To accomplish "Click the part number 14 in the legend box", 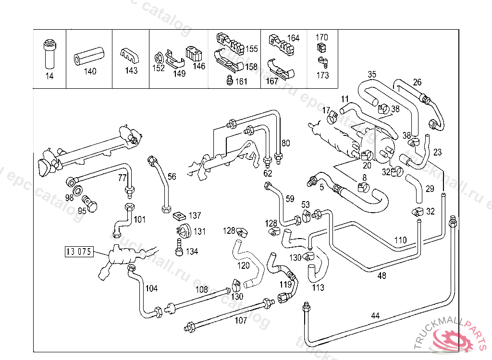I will point(49,76).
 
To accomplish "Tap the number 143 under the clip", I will point(131,71).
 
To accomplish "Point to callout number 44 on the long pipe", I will point(375,316).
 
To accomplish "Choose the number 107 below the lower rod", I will point(240,320).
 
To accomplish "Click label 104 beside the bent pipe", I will point(151,288).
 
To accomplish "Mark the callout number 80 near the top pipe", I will point(286,143).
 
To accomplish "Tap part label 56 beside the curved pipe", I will point(172,177).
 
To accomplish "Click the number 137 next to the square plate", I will point(195,216).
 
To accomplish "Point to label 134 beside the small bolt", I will point(192,252).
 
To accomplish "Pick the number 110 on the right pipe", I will point(400,240).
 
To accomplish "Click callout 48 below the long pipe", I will point(382,276).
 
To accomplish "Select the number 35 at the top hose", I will point(372,74).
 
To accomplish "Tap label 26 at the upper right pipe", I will point(417,82).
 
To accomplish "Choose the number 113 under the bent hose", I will point(318,288).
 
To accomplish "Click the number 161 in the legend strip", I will point(241,82).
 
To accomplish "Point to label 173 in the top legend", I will point(323,75).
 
